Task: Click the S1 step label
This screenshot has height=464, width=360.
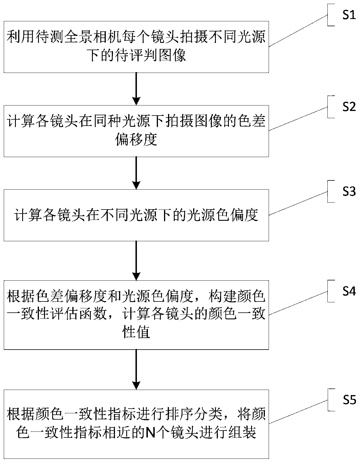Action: [349, 15]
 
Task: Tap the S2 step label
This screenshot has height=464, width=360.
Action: [349, 107]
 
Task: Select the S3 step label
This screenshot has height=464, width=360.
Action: [349, 192]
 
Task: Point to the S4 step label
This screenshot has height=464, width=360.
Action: [349, 291]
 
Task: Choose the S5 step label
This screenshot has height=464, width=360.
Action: [349, 400]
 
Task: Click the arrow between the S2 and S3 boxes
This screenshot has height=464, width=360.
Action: [136, 173]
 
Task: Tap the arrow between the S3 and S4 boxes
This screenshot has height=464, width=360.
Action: [136, 261]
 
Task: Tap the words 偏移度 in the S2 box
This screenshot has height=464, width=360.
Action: [136, 140]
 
